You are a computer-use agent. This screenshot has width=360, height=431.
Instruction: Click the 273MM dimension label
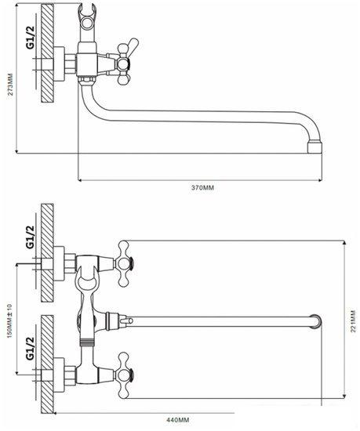(10, 84)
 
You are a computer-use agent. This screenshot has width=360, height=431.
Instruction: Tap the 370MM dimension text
(202, 188)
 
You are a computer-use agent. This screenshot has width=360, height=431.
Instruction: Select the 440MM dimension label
(178, 420)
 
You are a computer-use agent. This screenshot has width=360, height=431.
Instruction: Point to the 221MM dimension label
(354, 321)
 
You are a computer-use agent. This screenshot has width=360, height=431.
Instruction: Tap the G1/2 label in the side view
(31, 38)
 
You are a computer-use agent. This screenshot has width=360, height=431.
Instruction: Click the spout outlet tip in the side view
(315, 147)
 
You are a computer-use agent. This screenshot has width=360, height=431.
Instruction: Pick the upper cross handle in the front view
(124, 264)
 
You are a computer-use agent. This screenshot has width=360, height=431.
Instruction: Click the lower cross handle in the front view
(124, 375)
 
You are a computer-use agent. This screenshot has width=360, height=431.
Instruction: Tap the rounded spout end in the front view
(316, 321)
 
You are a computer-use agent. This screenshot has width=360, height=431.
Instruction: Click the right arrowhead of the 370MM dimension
(320, 180)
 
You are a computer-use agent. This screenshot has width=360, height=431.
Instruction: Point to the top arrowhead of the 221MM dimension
(345, 243)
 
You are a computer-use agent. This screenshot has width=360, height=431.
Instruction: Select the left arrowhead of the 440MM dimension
(56, 412)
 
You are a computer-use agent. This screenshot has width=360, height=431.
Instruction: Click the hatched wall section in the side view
(47, 53)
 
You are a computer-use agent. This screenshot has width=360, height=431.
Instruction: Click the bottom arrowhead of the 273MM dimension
(17, 150)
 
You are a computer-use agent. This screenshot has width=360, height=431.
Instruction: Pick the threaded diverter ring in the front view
(86, 342)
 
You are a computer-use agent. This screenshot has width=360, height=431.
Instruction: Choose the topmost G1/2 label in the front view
(31, 237)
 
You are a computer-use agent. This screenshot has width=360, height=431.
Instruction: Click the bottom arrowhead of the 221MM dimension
(345, 396)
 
